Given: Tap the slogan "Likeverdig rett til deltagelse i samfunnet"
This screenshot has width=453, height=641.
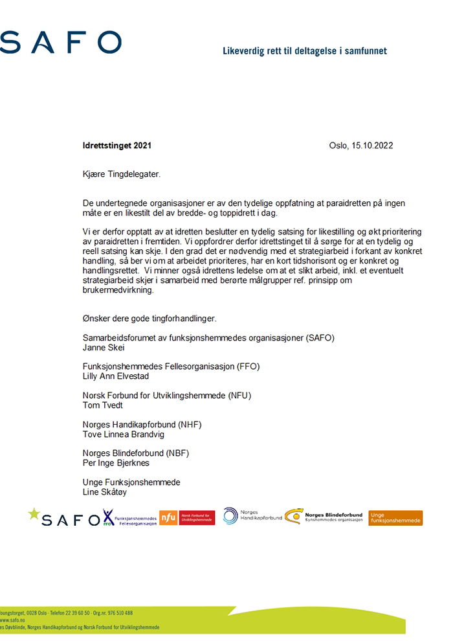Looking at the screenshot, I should pyautogui.click(x=304, y=51).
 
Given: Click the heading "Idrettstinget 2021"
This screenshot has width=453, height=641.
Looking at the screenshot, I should pyautogui.click(x=117, y=146).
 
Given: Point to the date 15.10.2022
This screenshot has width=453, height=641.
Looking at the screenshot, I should pyautogui.click(x=373, y=146).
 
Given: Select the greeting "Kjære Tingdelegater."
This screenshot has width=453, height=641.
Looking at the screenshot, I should pyautogui.click(x=122, y=174).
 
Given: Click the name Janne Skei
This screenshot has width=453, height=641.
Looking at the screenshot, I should pyautogui.click(x=104, y=347).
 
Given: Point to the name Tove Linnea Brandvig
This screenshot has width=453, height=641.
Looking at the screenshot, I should pyautogui.click(x=124, y=434).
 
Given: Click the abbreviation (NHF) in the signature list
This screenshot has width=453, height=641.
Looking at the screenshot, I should pyautogui.click(x=188, y=425).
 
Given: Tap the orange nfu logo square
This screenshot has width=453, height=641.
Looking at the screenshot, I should pyautogui.click(x=168, y=517).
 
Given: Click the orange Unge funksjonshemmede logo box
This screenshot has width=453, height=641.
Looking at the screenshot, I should pyautogui.click(x=395, y=518).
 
